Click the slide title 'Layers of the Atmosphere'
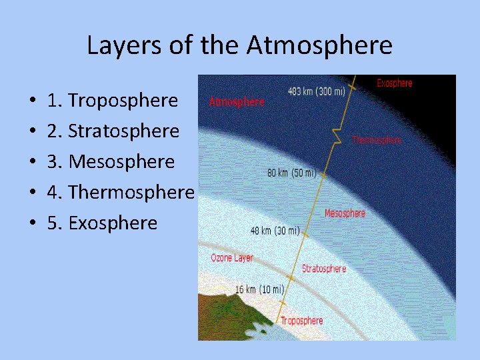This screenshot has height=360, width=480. coord(239,45)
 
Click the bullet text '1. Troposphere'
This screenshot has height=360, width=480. coord(113,100)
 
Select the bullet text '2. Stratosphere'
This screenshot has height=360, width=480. coord(113,131)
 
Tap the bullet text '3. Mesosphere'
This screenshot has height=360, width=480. coord(111,161)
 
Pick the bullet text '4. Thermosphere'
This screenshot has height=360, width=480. coord(121,192)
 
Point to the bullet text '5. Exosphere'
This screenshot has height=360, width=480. coord(102,223)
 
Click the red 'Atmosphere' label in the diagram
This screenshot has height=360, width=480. coord(237,102)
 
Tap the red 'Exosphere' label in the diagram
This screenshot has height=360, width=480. coord(395,83)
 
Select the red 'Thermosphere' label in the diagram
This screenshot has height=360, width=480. coord(377,140)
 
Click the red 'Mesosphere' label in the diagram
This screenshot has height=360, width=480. coord(345,213)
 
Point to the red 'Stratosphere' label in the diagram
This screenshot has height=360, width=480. coord(324,269)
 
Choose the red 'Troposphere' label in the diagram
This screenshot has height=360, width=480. coord(301,321)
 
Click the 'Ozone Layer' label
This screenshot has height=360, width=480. coord(232,258)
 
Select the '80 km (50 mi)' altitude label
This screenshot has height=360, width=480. coord(291,173)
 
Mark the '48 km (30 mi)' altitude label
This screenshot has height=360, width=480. coord(275,231)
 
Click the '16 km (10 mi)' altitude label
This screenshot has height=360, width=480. coord(259,289)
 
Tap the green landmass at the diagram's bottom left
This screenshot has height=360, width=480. coord(227,313)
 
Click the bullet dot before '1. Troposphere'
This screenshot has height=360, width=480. coord(33,101)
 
